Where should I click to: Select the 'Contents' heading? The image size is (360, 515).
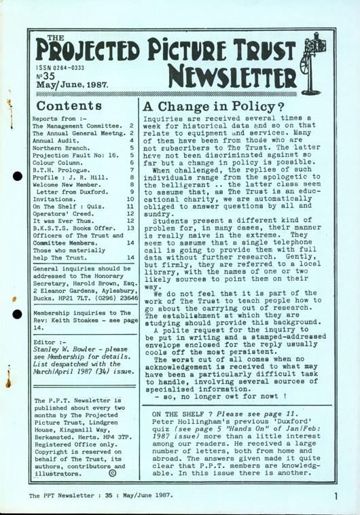(x=73, y=106)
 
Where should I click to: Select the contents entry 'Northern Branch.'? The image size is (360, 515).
(x=62, y=144)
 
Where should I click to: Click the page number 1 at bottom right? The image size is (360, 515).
(x=337, y=497)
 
